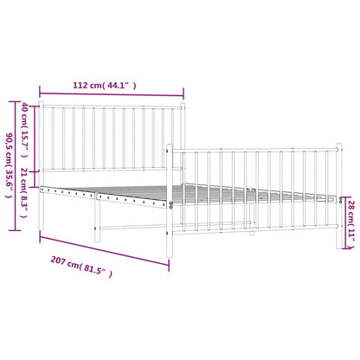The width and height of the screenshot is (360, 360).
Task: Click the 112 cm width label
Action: [110, 86]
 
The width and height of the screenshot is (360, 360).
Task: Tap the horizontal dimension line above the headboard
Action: [112, 93]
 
